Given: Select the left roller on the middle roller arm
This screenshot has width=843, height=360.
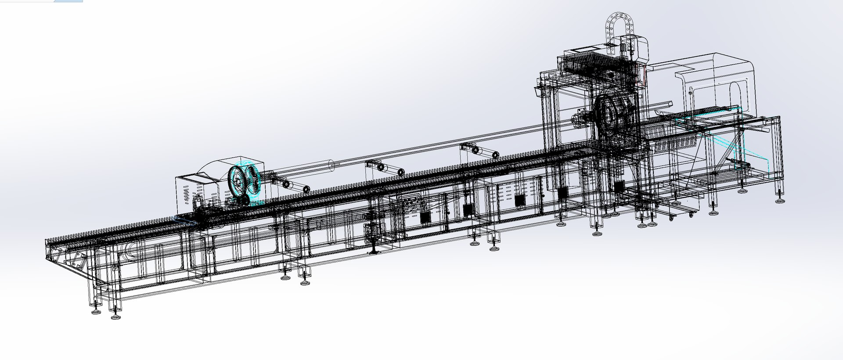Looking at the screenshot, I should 380,168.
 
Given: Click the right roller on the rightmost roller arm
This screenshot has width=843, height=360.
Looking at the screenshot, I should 494,155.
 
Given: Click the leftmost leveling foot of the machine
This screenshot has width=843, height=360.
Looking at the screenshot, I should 95,312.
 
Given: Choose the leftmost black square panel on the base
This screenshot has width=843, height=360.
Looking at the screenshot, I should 425,216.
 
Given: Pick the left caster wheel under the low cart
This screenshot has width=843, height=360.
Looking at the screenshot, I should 671,217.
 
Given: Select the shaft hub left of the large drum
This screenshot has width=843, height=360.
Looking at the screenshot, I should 579,119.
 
